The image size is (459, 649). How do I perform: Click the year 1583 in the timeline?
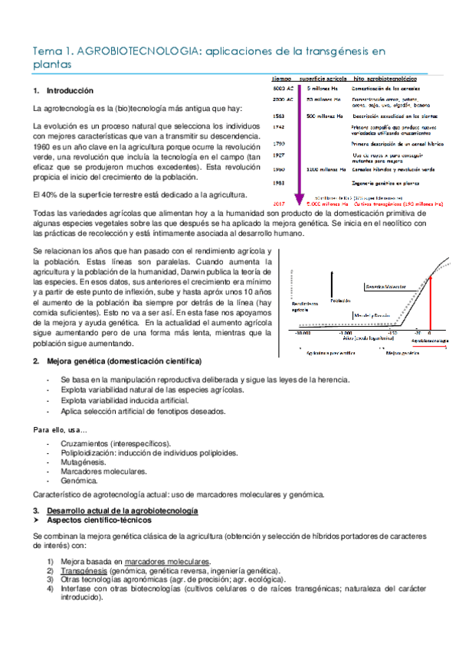(279, 116)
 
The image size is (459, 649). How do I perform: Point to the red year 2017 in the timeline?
(280, 204)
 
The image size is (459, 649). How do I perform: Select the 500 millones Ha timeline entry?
(323, 116)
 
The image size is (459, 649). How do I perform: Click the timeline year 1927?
(279, 154)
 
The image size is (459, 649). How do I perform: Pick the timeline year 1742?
(279, 127)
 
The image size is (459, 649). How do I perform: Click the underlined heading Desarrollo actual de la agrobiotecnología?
(123, 510)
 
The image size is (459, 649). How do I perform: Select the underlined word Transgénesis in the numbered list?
(84, 571)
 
